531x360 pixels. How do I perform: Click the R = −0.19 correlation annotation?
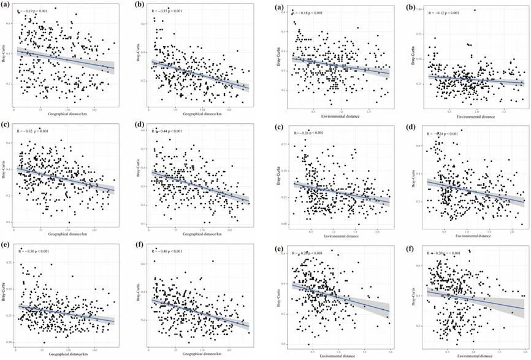point(36,11)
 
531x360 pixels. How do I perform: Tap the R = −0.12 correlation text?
point(443,12)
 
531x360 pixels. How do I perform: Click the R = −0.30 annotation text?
point(37,250)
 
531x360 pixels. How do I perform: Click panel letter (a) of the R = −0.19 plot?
point(7,6)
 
